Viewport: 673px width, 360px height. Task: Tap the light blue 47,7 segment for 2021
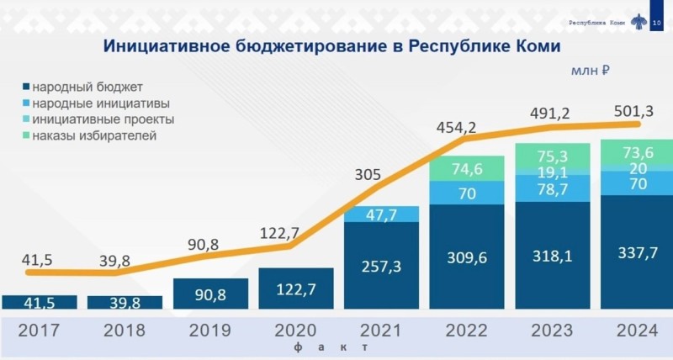click(x=382, y=214)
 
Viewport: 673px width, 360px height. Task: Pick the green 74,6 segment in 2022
click(x=469, y=168)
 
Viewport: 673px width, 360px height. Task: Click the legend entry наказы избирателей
click(x=93, y=135)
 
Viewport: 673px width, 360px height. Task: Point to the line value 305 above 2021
click(x=367, y=175)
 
